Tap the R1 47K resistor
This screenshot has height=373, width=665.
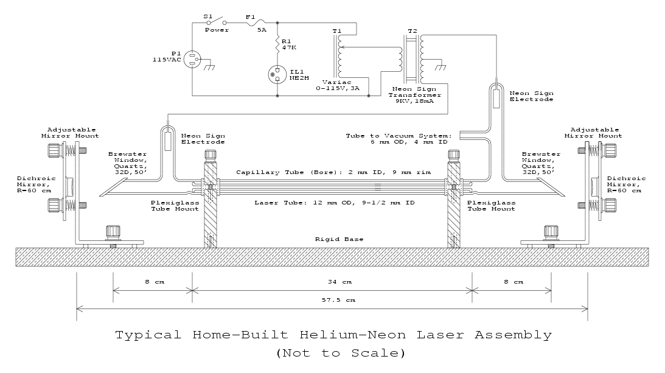278,44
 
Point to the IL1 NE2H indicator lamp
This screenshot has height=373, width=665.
278,75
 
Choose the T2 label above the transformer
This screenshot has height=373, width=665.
413,30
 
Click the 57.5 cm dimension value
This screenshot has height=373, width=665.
332,300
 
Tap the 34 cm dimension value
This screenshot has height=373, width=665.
332,282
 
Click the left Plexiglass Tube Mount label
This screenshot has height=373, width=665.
175,205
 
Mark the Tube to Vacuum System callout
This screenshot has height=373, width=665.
399,138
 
